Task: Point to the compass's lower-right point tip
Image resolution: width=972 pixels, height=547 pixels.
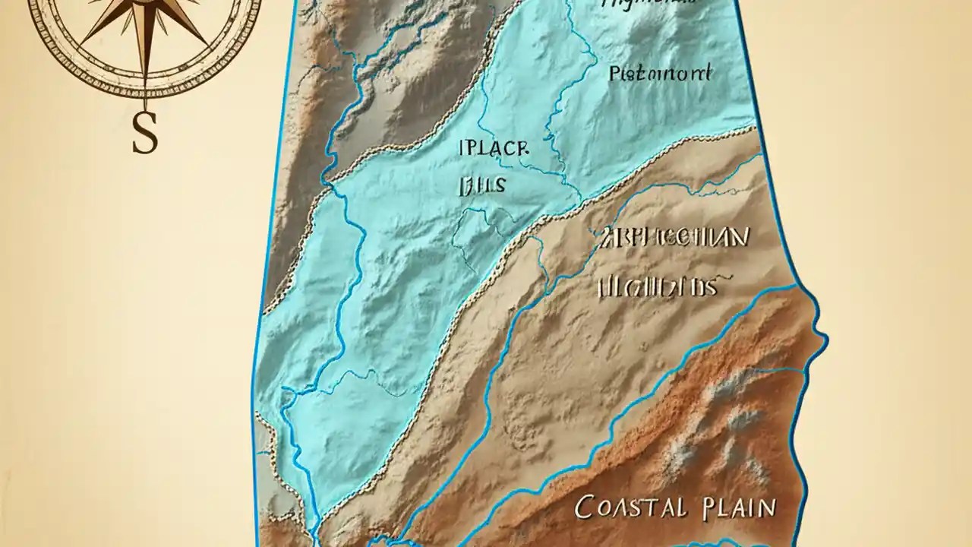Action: [207, 45]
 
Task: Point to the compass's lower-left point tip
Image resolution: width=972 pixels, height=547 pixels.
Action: [82, 45]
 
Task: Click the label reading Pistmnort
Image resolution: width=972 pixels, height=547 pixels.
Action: [660, 74]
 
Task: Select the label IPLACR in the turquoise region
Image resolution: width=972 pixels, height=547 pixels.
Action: [492, 147]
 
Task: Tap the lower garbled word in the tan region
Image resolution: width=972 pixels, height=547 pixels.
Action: [658, 286]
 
